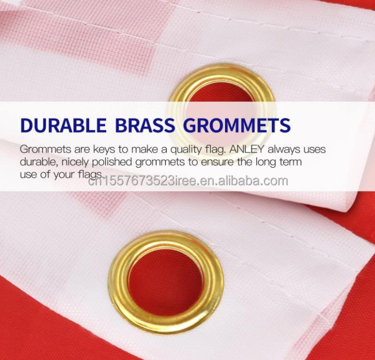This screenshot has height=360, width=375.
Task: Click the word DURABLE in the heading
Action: [61, 126]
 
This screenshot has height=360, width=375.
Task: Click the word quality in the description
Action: [192, 150]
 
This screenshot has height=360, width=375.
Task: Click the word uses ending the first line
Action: [314, 150]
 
